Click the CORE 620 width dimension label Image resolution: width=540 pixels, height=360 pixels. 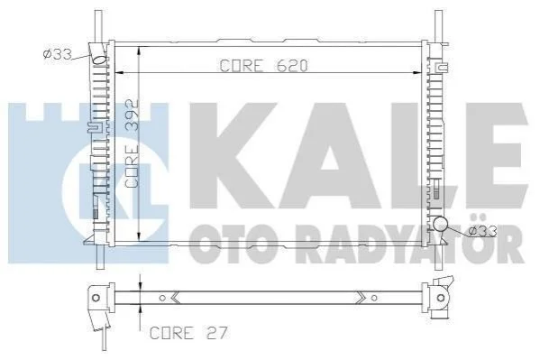(x=263, y=66)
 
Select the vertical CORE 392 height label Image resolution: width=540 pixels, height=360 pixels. (x=132, y=143)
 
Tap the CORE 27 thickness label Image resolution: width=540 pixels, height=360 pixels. (x=188, y=333)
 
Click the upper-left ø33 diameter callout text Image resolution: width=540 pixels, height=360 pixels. (x=58, y=54)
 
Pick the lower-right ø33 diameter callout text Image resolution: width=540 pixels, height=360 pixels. (x=483, y=231)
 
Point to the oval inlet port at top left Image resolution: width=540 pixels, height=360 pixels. (x=100, y=60)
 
